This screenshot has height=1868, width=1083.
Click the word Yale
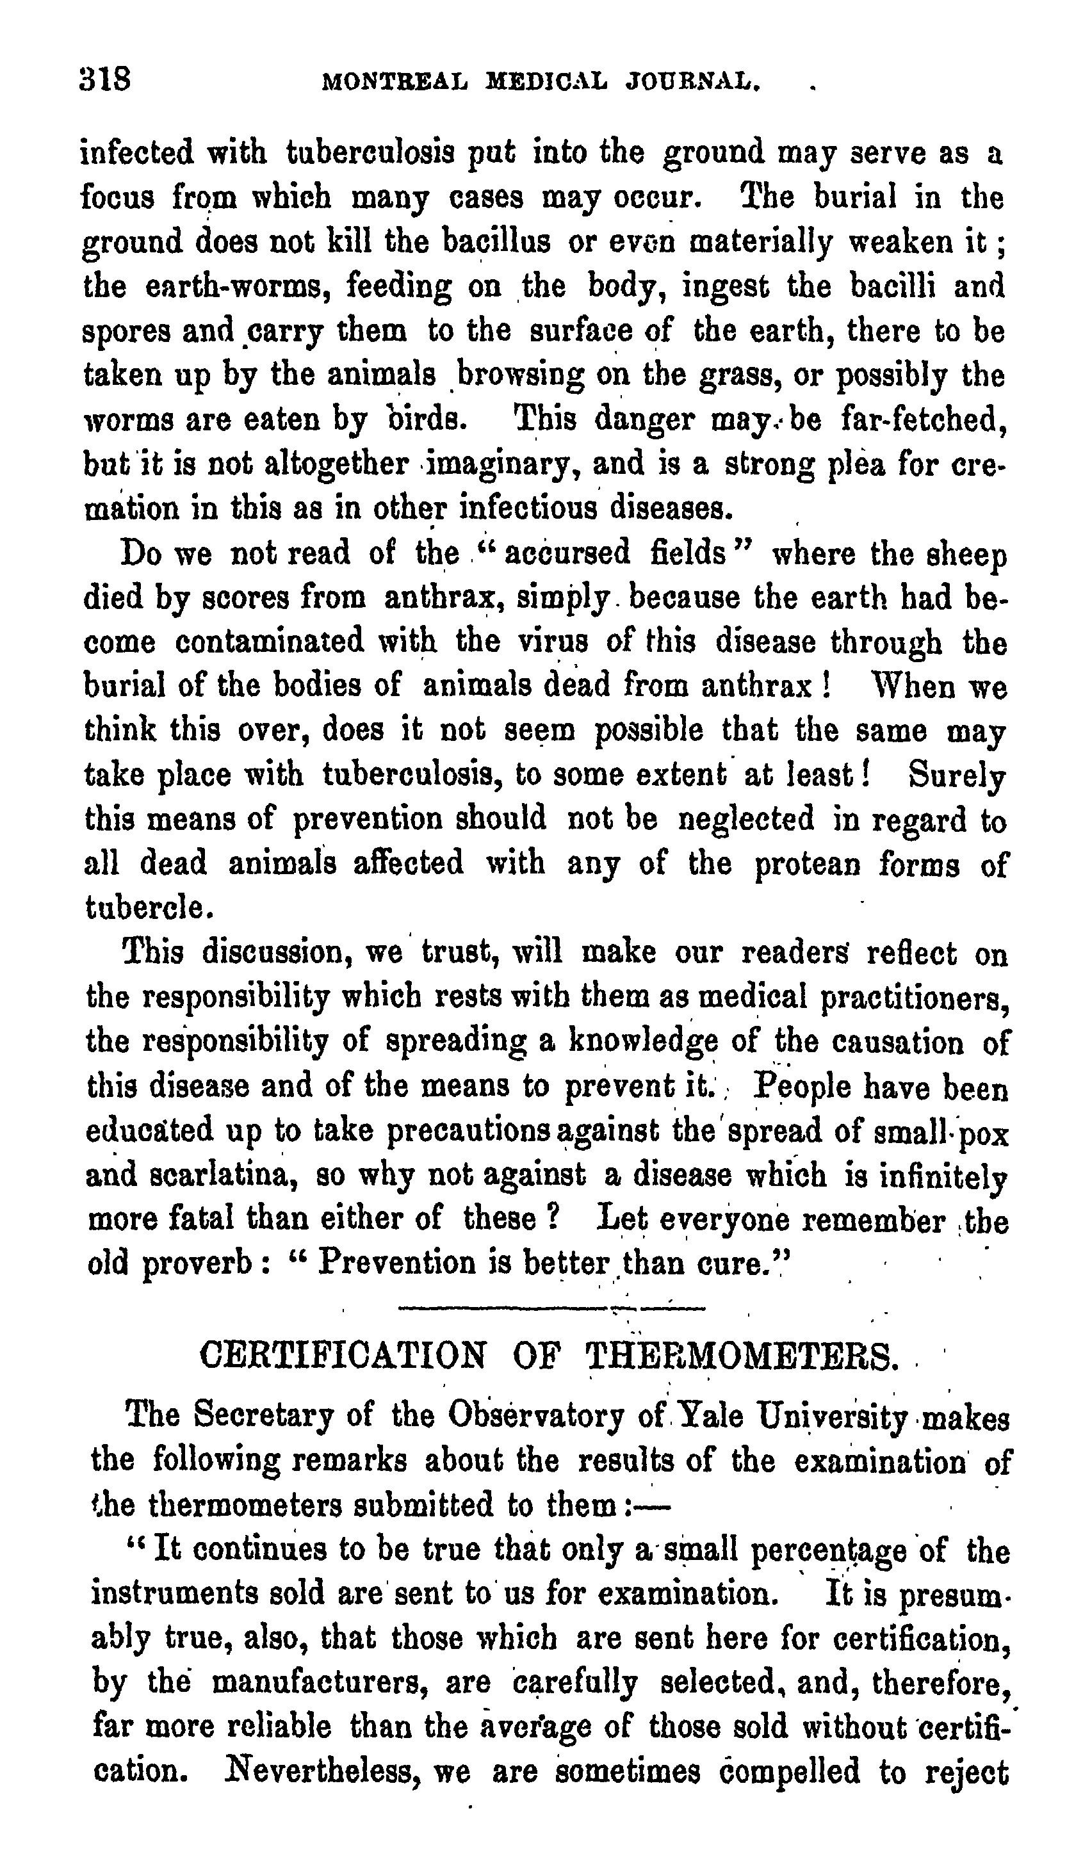coord(710,1417)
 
